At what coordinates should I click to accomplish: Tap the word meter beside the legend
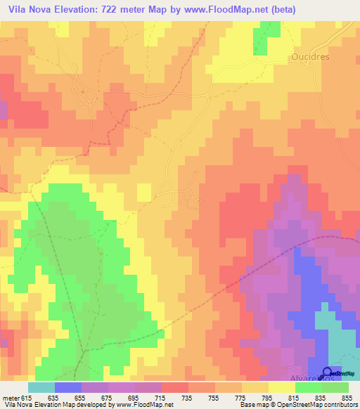point(11,398)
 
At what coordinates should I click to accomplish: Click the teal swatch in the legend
point(41,387)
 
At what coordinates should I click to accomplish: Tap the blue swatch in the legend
point(67,387)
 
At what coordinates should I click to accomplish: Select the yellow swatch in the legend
point(281,387)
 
